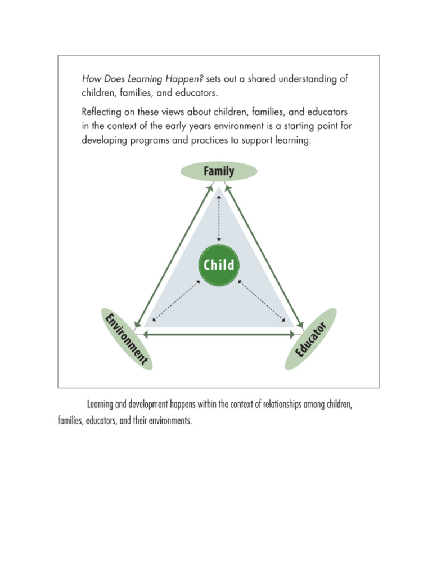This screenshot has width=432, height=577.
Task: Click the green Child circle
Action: (219, 264)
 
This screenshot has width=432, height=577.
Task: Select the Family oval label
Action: (219, 171)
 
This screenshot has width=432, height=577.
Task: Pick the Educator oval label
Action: (311, 339)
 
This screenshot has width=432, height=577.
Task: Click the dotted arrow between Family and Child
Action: (219, 218)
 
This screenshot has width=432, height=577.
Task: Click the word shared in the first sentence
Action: (263, 79)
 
